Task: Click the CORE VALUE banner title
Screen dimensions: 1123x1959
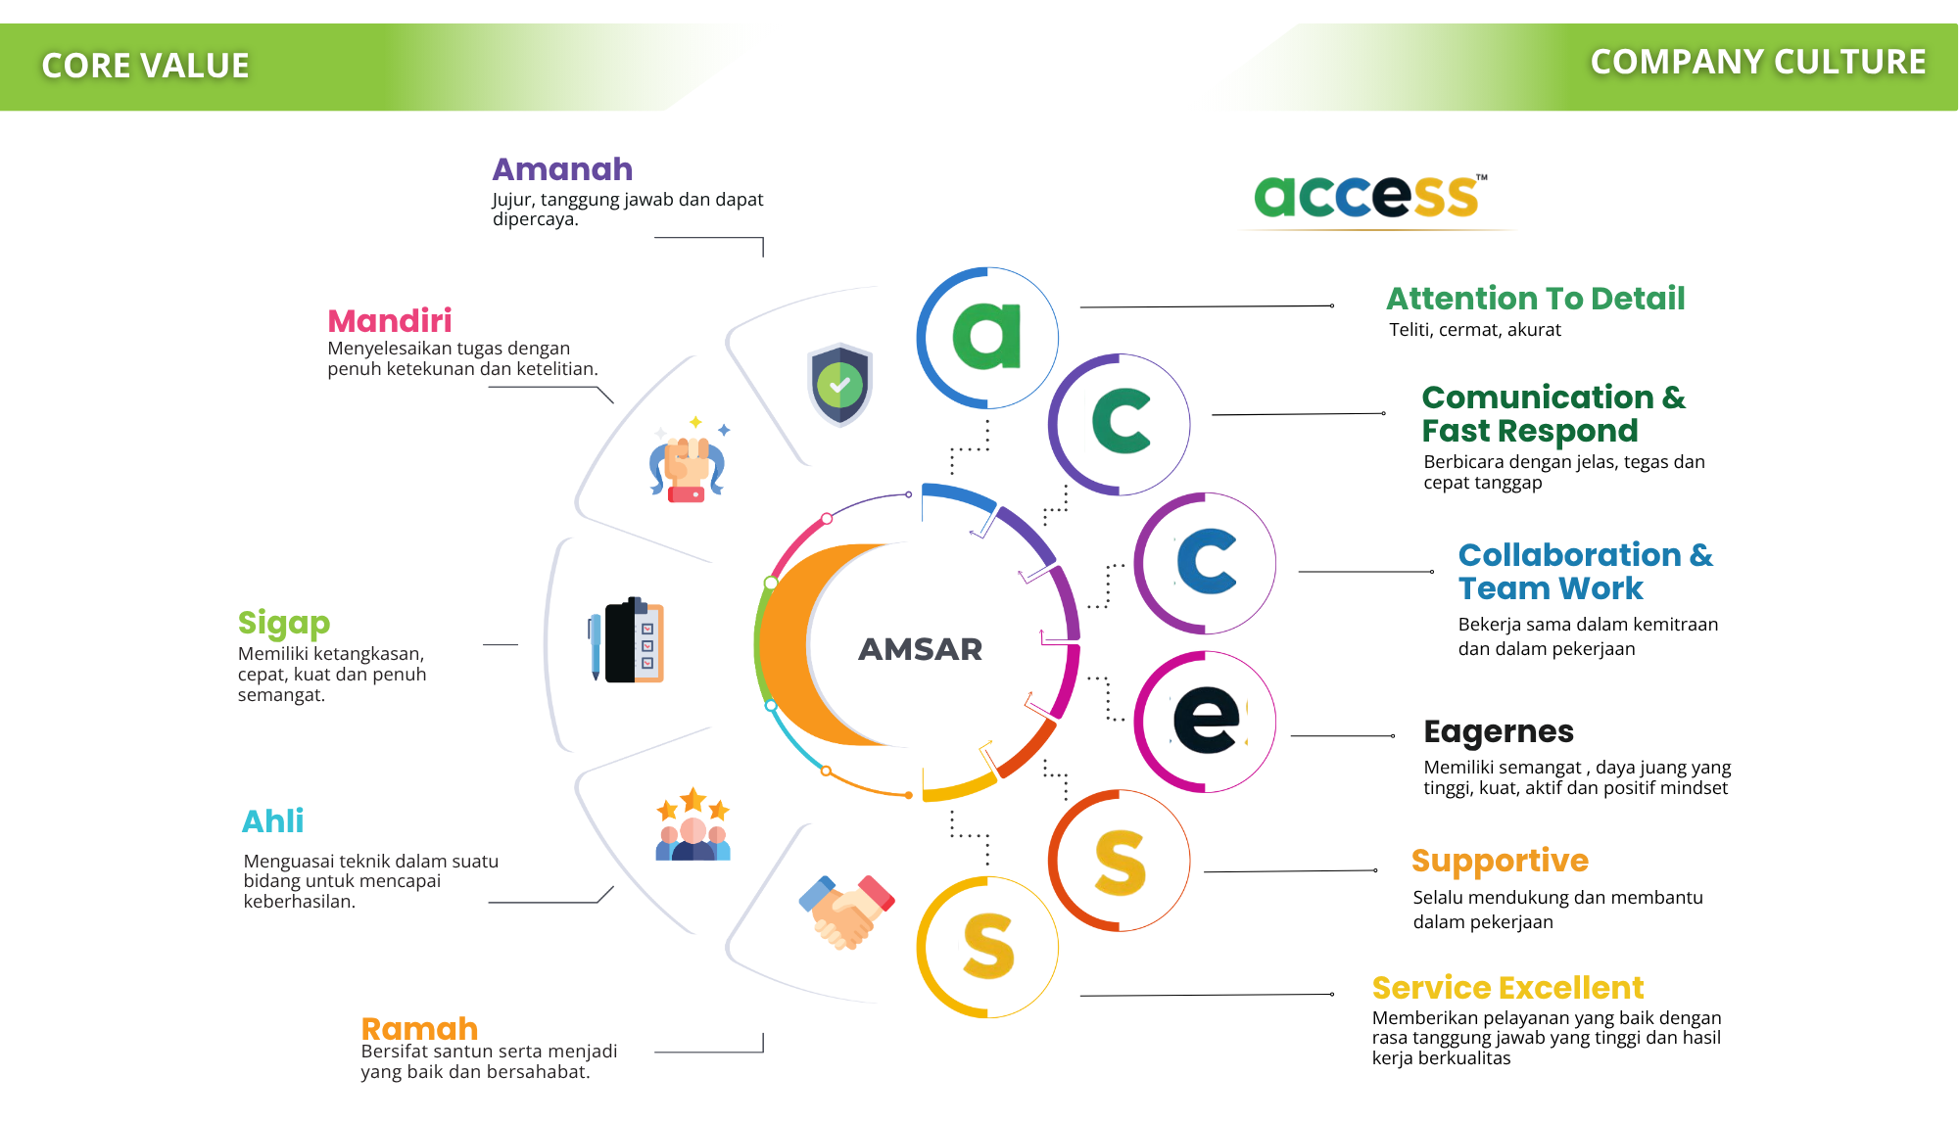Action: pyautogui.click(x=145, y=66)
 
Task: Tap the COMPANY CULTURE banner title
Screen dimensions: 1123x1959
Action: pyautogui.click(x=1757, y=62)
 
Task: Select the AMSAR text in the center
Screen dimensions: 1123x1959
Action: pyautogui.click(x=920, y=649)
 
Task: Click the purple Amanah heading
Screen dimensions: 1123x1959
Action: pyautogui.click(x=562, y=169)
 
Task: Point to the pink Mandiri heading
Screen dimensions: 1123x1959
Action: pyautogui.click(x=389, y=320)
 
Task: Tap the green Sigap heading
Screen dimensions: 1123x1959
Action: pyautogui.click(x=283, y=623)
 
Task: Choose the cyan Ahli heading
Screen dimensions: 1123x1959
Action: pyautogui.click(x=272, y=820)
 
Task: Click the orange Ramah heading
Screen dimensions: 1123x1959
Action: pyautogui.click(x=419, y=1028)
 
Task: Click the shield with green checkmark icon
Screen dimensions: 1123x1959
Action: pyautogui.click(x=839, y=384)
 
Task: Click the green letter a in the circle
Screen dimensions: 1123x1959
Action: pyautogui.click(x=987, y=336)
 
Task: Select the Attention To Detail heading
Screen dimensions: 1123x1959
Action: pyautogui.click(x=1535, y=298)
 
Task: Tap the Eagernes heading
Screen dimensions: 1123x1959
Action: pyautogui.click(x=1498, y=731)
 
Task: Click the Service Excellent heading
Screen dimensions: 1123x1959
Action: pyautogui.click(x=1507, y=987)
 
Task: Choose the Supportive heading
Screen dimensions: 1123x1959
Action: pyautogui.click(x=1500, y=860)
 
